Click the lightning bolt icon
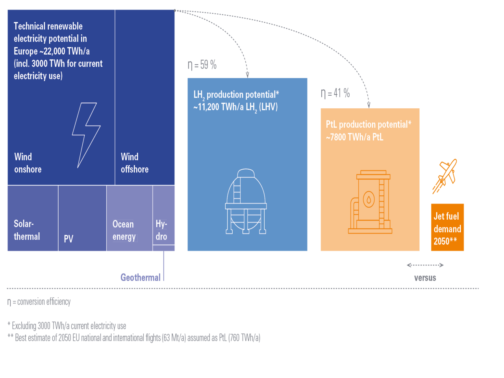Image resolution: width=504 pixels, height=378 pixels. click(86, 134)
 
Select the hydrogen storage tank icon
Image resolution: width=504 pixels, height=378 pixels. click(246, 202)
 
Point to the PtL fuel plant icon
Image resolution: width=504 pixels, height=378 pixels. click(370, 202)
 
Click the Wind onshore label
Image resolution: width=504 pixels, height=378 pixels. click(28, 163)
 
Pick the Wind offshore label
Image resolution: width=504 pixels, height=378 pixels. click(134, 163)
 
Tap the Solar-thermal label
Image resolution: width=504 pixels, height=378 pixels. click(27, 230)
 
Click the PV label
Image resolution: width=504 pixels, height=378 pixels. click(69, 239)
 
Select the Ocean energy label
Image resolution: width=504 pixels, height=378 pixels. click(124, 230)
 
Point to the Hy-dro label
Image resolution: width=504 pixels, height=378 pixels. click(161, 230)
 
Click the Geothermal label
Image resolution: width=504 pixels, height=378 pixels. click(140, 278)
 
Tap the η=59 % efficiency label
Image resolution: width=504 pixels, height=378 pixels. click(202, 65)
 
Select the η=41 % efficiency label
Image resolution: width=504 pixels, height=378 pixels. click(335, 93)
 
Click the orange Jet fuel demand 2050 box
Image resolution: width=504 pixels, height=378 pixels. click(447, 227)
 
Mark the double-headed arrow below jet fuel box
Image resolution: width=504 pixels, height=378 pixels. click(425, 265)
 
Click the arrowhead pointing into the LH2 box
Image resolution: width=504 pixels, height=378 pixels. click(247, 74)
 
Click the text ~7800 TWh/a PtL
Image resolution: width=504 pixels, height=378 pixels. click(354, 137)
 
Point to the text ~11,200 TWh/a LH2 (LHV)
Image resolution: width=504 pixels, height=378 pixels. click(235, 107)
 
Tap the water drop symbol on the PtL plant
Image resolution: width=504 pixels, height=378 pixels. click(369, 199)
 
